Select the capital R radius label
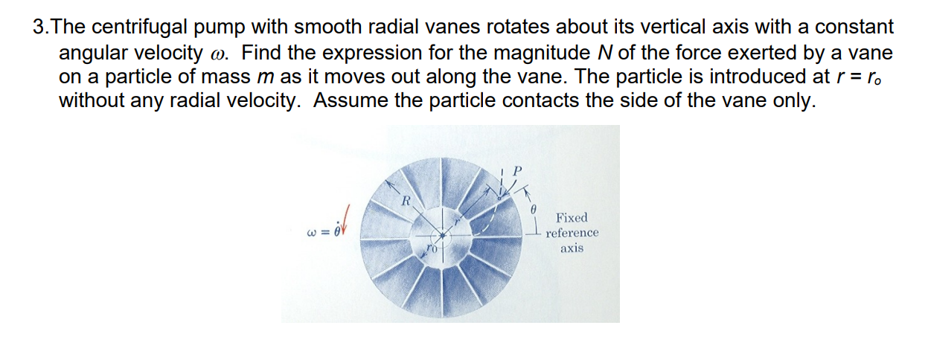(406, 200)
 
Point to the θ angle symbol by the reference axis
(533, 211)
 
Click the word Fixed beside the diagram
(572, 217)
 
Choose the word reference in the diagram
(572, 233)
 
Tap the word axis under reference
(572, 248)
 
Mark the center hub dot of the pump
(442, 236)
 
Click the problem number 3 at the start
(39, 28)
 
